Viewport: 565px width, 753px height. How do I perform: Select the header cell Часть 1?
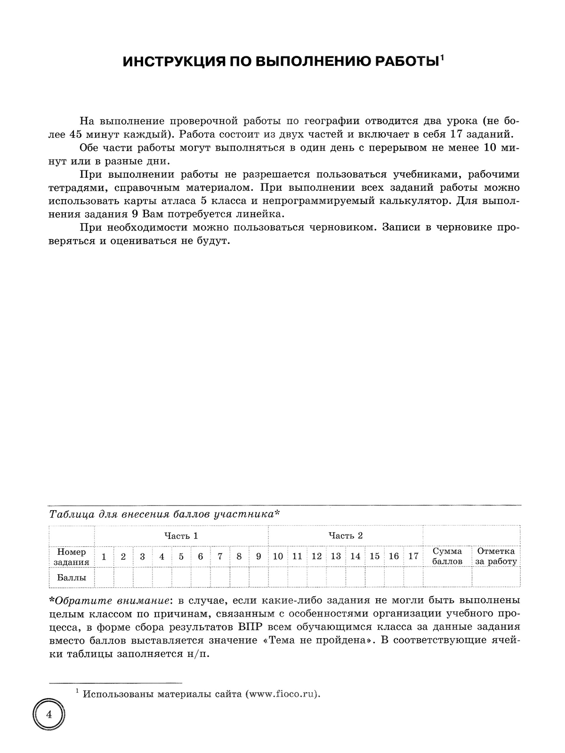click(181, 536)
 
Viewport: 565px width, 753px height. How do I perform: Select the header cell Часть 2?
click(346, 536)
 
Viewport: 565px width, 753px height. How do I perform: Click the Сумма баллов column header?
click(447, 556)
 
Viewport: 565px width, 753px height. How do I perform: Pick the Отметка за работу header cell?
click(496, 556)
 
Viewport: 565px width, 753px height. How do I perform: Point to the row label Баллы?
click(72, 577)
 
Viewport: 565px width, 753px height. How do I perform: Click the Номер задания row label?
click(72, 556)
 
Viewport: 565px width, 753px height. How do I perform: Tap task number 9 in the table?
click(258, 556)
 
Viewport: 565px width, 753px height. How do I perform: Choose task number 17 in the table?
click(413, 556)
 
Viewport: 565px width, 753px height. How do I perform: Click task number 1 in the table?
click(104, 556)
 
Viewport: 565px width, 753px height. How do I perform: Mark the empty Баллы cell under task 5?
click(181, 577)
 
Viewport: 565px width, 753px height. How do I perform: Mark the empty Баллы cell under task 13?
click(336, 577)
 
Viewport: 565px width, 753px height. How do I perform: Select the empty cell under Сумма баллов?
click(447, 577)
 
